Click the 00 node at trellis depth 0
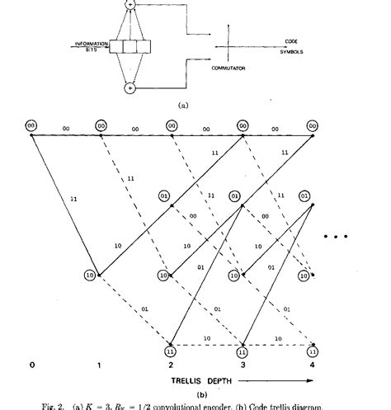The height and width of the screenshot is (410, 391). tap(30, 126)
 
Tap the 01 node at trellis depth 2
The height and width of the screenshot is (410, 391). tap(164, 196)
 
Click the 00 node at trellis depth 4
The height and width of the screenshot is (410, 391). tap(313, 126)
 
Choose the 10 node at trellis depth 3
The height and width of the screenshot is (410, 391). tap(234, 276)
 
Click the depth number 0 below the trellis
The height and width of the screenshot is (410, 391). tap(30, 364)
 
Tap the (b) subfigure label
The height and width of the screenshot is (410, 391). tap(172, 394)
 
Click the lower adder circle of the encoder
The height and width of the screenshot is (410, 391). tap(129, 86)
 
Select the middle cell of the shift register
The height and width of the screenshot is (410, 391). tap(129, 48)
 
